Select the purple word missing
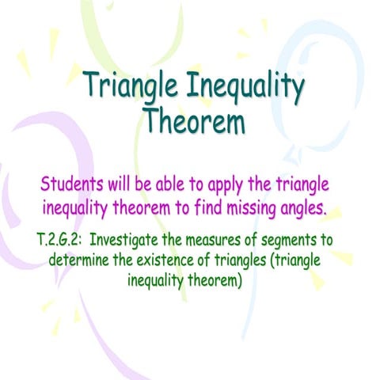[x=257, y=210]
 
